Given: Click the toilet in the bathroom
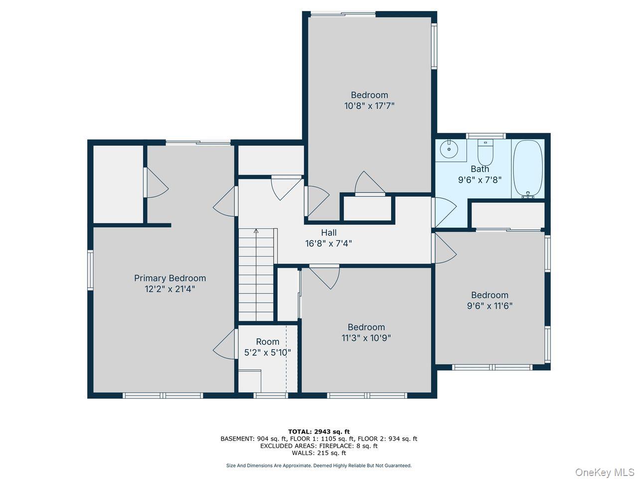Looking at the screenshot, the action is pyautogui.click(x=485, y=152).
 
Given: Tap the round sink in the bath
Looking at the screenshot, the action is pyautogui.click(x=449, y=149).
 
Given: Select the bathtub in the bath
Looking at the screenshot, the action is pyautogui.click(x=527, y=169).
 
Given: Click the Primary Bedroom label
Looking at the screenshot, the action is pyautogui.click(x=170, y=278).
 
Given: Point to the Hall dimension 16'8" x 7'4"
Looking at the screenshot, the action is pyautogui.click(x=328, y=243).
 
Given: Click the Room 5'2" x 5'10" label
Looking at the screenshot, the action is pyautogui.click(x=267, y=347).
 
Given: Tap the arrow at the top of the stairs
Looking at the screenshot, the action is pyautogui.click(x=256, y=231).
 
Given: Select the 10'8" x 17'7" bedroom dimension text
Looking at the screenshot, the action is pyautogui.click(x=369, y=106).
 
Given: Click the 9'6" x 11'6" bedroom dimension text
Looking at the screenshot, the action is pyautogui.click(x=489, y=306).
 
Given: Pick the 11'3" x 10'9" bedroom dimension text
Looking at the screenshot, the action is pyautogui.click(x=366, y=338).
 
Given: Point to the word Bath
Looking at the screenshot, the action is pyautogui.click(x=479, y=169).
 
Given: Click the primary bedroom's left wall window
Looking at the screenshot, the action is pyautogui.click(x=90, y=270).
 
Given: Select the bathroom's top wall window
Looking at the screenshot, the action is pyautogui.click(x=486, y=136).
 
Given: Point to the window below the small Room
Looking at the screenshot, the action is pyautogui.click(x=271, y=395).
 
